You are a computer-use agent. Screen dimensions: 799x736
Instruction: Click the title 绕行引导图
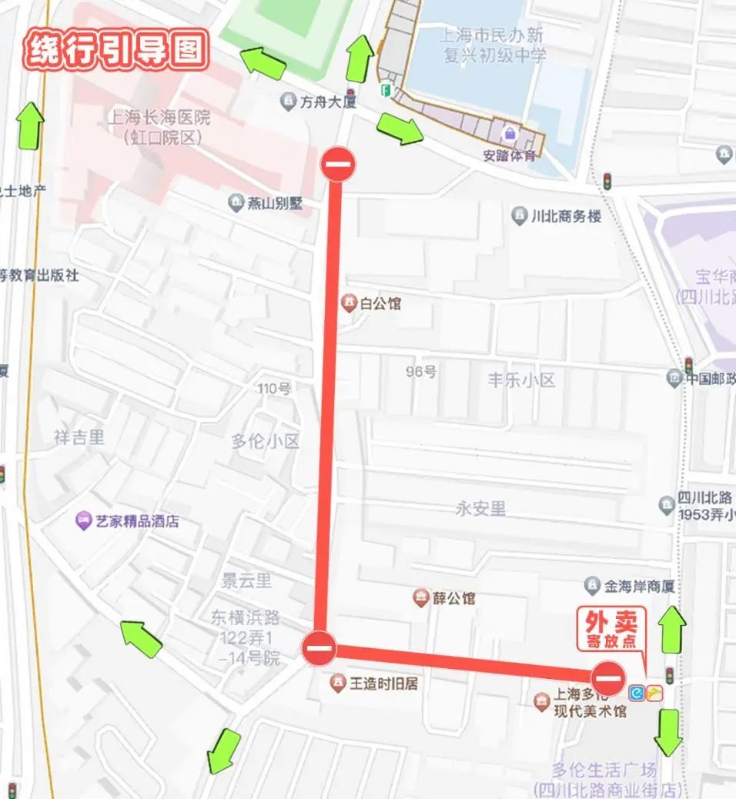click(x=117, y=50)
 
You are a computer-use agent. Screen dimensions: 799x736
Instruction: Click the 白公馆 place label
click(x=380, y=303)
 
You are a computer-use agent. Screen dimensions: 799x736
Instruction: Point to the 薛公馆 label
click(x=453, y=598)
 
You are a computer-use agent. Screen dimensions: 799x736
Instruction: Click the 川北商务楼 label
click(x=566, y=216)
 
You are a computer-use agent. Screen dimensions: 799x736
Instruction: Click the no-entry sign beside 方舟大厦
click(x=338, y=164)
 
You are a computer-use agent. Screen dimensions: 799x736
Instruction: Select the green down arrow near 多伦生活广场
click(x=667, y=732)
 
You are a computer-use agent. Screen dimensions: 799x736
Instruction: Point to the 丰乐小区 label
click(x=521, y=380)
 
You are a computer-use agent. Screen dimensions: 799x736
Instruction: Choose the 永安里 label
click(x=480, y=509)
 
